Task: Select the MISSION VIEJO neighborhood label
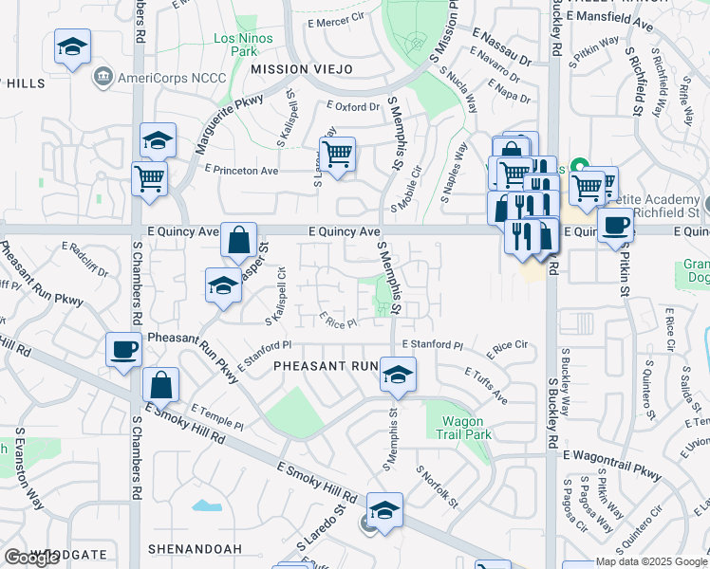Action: (288, 69)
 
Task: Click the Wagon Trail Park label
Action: (463, 428)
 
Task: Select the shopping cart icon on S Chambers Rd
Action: (150, 176)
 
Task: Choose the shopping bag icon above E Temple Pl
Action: (161, 384)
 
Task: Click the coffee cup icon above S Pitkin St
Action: (615, 226)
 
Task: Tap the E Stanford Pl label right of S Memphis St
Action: (432, 345)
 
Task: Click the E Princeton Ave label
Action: (241, 170)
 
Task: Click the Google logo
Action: (31, 558)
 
